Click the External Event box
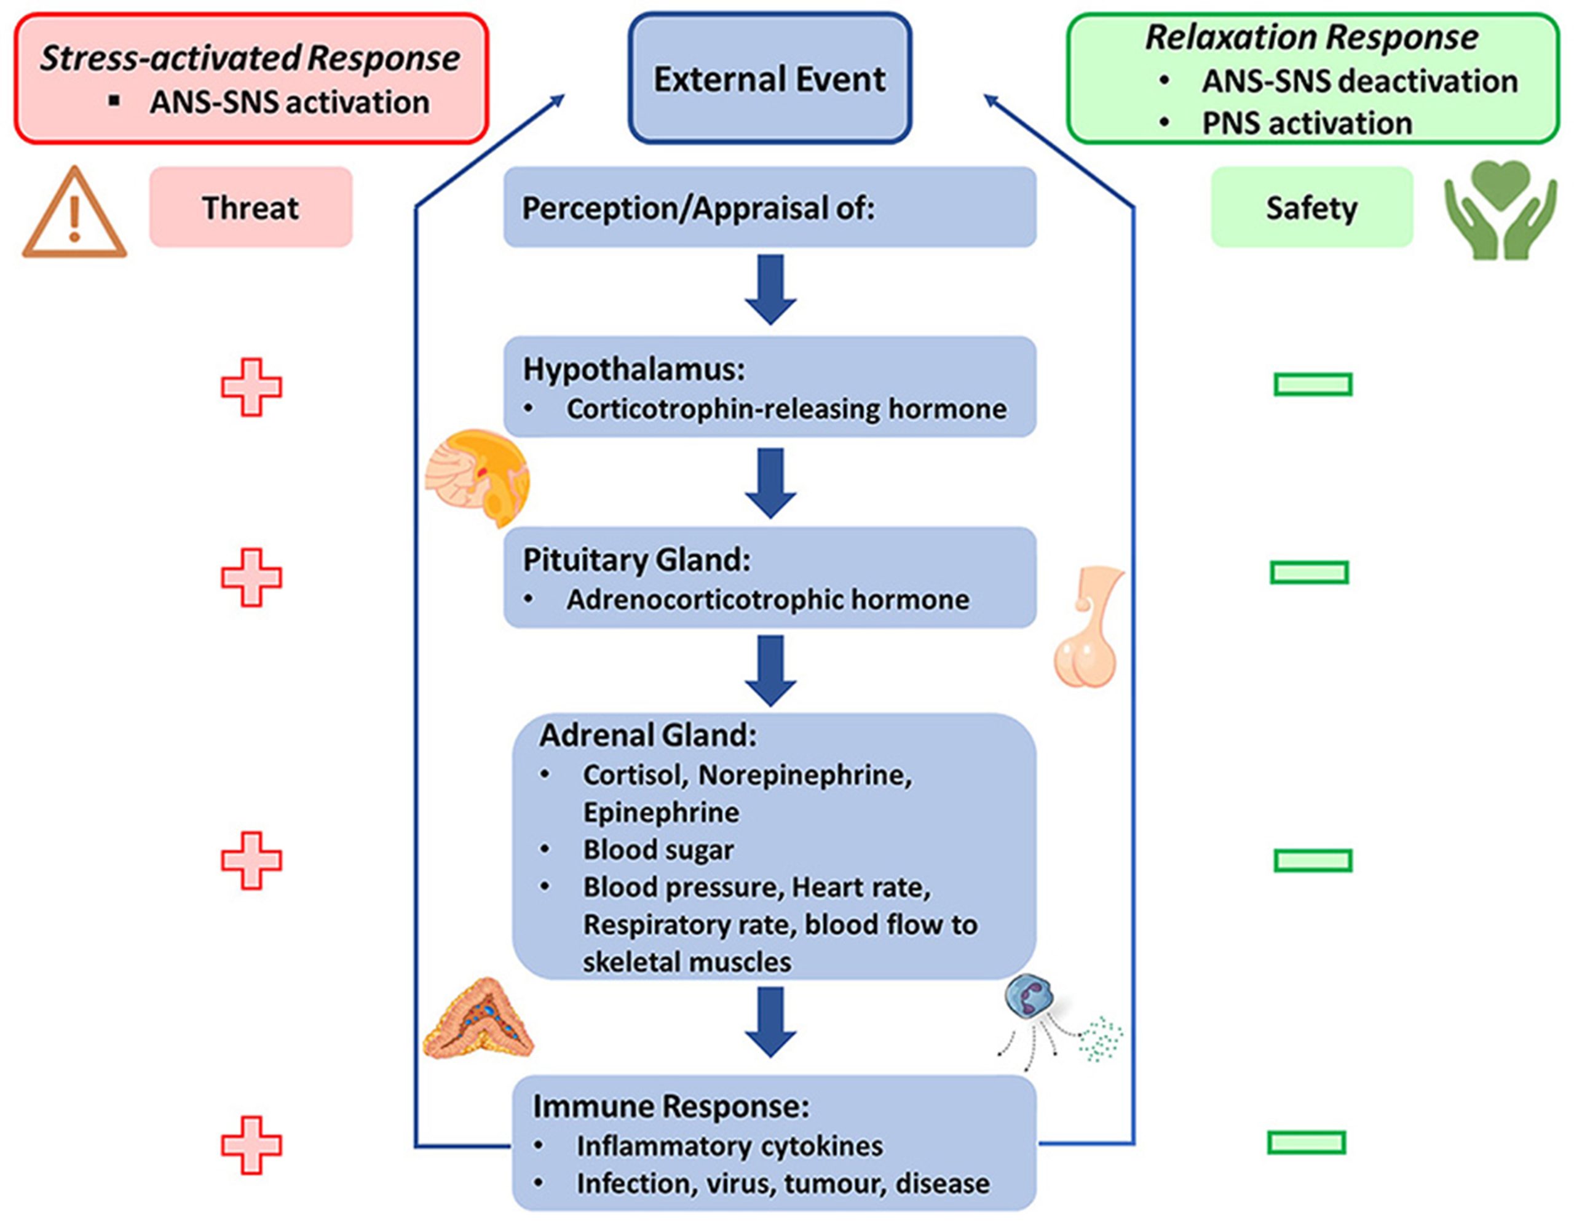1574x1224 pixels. pyautogui.click(x=770, y=78)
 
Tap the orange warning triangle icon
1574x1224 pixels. pyautogui.click(x=74, y=215)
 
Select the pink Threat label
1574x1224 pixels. pyautogui.click(x=251, y=208)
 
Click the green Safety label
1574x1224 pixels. pyautogui.click(x=1311, y=208)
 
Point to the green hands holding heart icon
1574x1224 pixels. pyautogui.click(x=1500, y=210)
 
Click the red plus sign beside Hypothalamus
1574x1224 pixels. pyautogui.click(x=251, y=387)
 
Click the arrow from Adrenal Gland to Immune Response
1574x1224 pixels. pyautogui.click(x=770, y=1022)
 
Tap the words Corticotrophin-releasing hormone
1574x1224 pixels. pyautogui.click(x=786, y=409)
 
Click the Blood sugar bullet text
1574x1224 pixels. pyautogui.click(x=657, y=849)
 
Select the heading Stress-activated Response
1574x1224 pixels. pyautogui.click(x=250, y=58)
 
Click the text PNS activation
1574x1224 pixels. pyautogui.click(x=1306, y=123)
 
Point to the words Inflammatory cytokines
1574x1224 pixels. pyautogui.click(x=729, y=1145)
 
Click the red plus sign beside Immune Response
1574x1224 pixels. pyautogui.click(x=251, y=1145)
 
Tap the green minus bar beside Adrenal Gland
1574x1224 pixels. pyautogui.click(x=1313, y=860)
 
